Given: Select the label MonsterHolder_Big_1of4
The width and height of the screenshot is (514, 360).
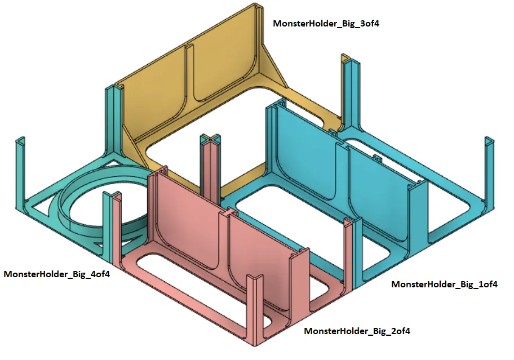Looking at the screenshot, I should (x=444, y=284).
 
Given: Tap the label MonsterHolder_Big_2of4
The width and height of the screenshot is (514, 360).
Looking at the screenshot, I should (x=357, y=331).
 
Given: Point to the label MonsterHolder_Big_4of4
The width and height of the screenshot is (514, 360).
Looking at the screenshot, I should (x=56, y=274).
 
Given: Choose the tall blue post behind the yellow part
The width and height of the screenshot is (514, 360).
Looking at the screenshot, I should (x=347, y=90).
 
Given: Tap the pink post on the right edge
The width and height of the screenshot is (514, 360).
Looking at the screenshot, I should (x=347, y=254).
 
